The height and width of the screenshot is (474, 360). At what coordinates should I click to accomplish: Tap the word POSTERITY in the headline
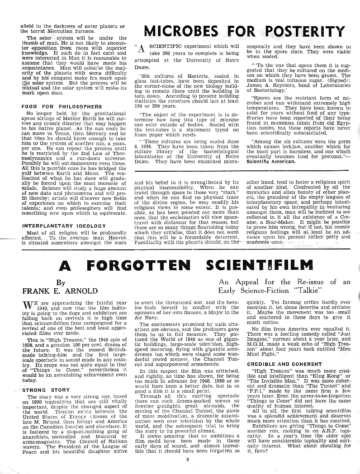tap(305, 32)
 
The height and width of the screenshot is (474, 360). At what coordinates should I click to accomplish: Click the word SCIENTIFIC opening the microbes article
tap(162, 47)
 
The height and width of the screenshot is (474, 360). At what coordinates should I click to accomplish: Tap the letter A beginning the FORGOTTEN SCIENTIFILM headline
tap(66, 266)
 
